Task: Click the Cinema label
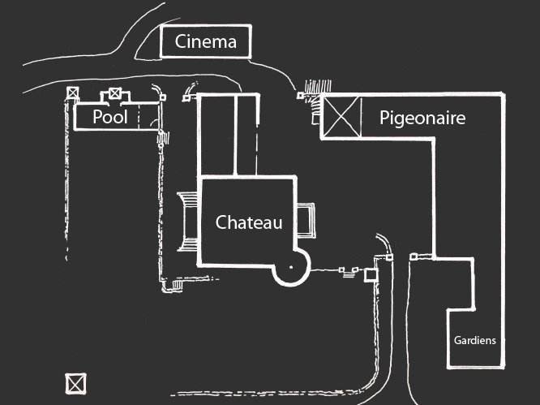[x=206, y=41]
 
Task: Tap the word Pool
[x=110, y=117]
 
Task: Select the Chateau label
[x=249, y=222]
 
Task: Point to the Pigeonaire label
[x=422, y=118]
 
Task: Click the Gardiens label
[x=474, y=341]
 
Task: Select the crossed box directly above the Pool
[x=115, y=93]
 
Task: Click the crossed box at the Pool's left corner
[x=74, y=94]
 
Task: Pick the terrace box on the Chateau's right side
[x=308, y=220]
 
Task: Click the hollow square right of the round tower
[x=371, y=275]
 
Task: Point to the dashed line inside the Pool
[x=138, y=118]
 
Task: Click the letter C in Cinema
[x=182, y=42]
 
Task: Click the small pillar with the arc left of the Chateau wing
[x=187, y=97]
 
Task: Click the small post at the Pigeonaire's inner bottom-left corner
[x=414, y=257]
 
